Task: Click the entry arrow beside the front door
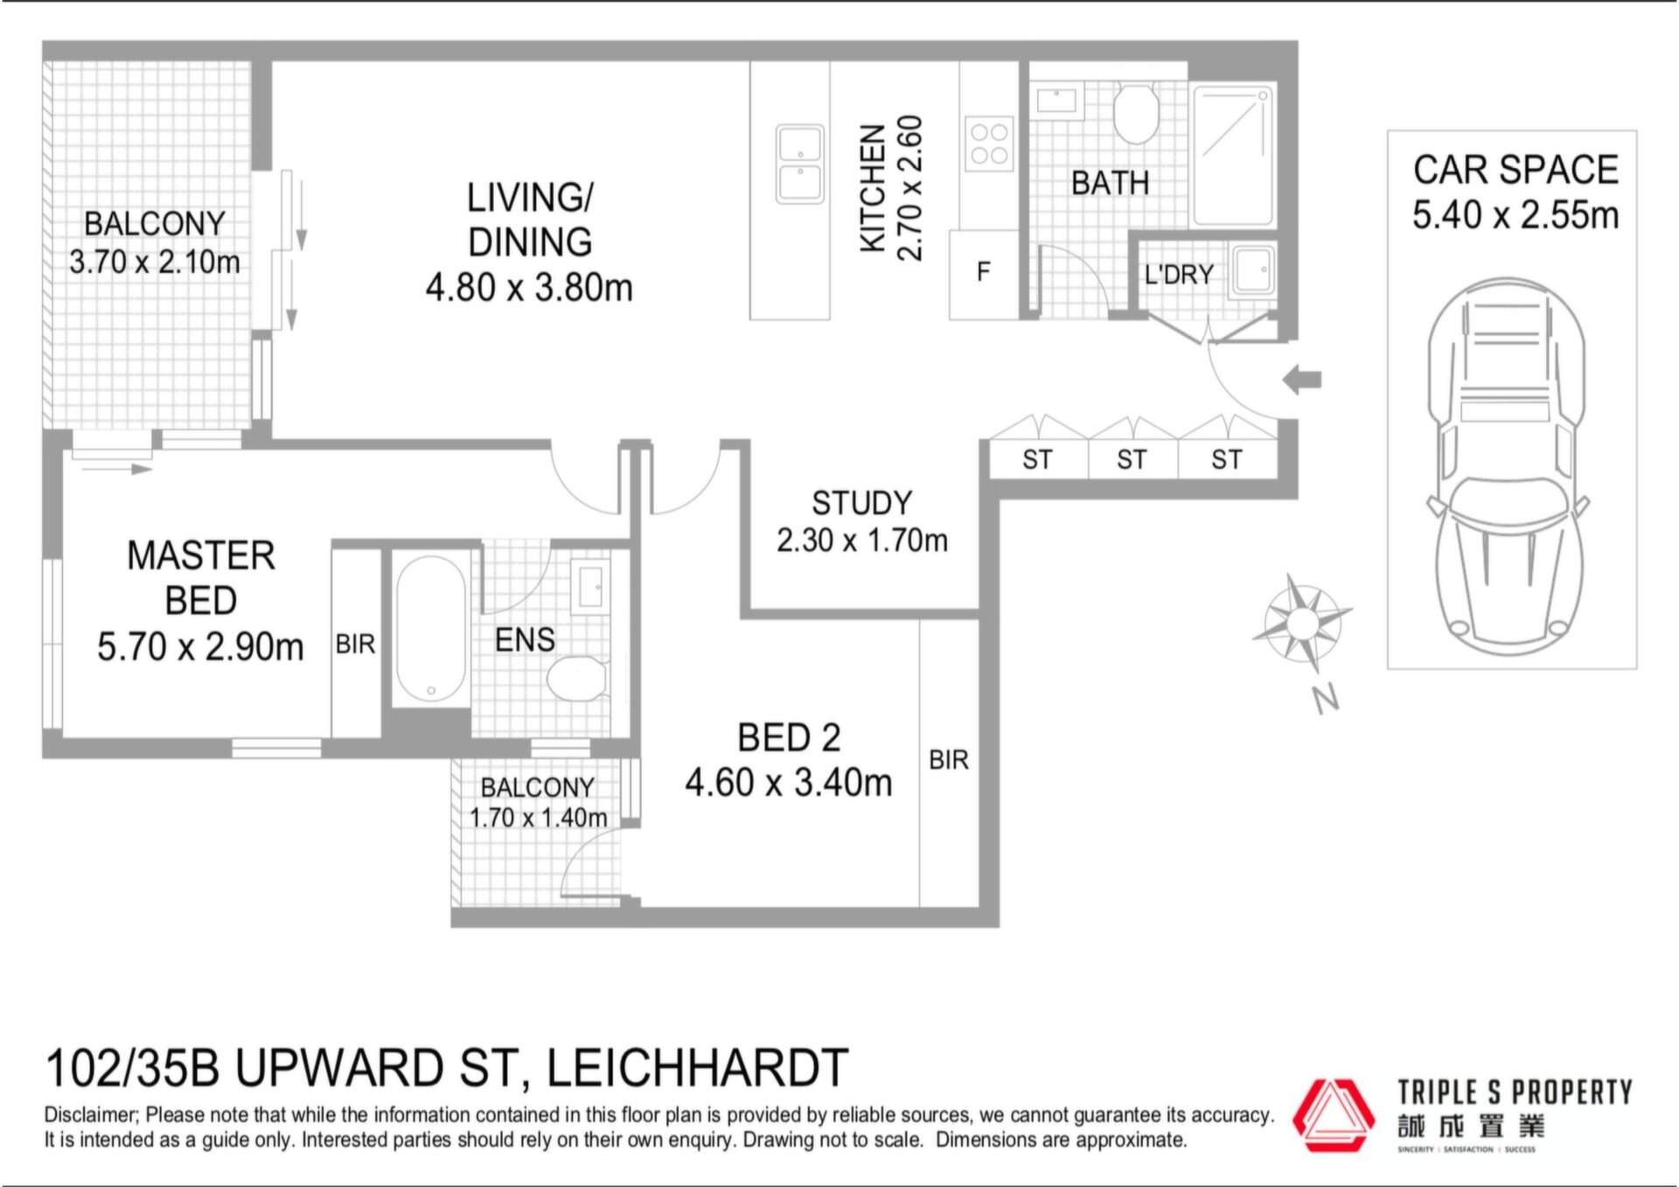coord(1302,380)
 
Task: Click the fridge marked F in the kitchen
coord(984,274)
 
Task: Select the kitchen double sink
coord(800,164)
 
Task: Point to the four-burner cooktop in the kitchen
coord(989,143)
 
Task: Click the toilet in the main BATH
coord(1136,113)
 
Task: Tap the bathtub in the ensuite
coord(431,628)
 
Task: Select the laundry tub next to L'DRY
coord(1252,270)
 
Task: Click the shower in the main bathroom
coord(1233,155)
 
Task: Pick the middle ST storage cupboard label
coord(1132,459)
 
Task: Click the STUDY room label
coord(861,503)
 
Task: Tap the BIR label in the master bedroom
coord(355,645)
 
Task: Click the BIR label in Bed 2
coord(949,760)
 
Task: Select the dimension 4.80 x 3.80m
coord(529,288)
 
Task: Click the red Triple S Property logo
coord(1334,1115)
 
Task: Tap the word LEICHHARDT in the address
coord(697,1068)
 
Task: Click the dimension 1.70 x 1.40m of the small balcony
coord(538,818)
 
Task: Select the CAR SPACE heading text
coord(1515,170)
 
